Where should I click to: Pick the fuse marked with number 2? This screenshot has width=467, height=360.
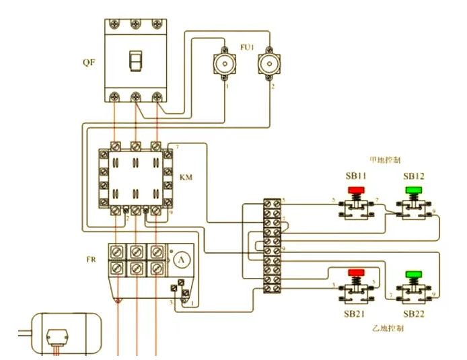pos(269,65)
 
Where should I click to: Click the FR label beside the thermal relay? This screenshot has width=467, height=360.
pos(92,258)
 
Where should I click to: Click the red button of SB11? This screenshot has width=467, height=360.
pos(355,190)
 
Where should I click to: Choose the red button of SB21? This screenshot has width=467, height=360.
pos(355,274)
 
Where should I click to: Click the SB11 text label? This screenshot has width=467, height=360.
pos(356,176)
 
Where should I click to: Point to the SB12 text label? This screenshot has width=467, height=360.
pos(414,176)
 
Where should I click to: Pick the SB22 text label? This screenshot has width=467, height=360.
pos(413,314)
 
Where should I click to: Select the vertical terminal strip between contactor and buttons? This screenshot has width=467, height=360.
pos(273,245)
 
